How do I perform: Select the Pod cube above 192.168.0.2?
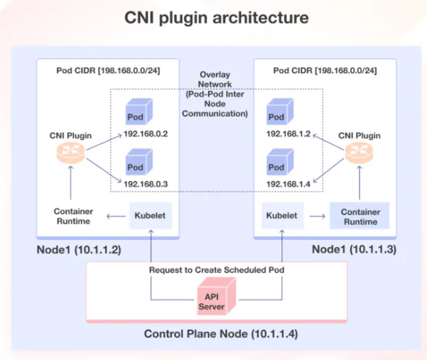coord(135,114)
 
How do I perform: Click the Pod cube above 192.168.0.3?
coord(135,165)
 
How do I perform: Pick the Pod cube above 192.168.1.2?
coord(277,114)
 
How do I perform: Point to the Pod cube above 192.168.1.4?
coord(277,165)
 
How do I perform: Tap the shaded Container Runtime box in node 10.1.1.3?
coord(360,217)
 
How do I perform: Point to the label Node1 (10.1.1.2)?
coord(78,251)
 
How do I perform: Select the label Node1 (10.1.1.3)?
coord(353,251)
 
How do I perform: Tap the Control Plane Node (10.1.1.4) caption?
coord(216,334)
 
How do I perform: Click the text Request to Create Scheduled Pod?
coord(216,271)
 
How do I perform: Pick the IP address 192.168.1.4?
coord(288,184)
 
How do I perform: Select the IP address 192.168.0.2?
coord(146,133)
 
